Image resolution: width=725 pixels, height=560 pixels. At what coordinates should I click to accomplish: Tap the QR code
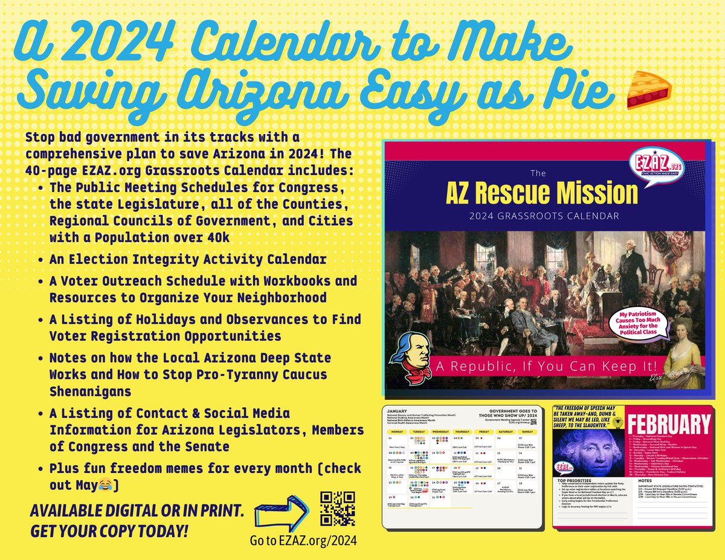click(337, 508)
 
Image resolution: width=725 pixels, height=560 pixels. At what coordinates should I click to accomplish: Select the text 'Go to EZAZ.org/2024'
click(303, 541)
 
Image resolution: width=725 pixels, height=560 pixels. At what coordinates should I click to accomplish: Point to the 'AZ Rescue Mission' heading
click(542, 193)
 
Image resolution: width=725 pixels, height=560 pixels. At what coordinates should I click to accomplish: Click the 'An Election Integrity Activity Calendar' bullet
click(188, 260)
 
